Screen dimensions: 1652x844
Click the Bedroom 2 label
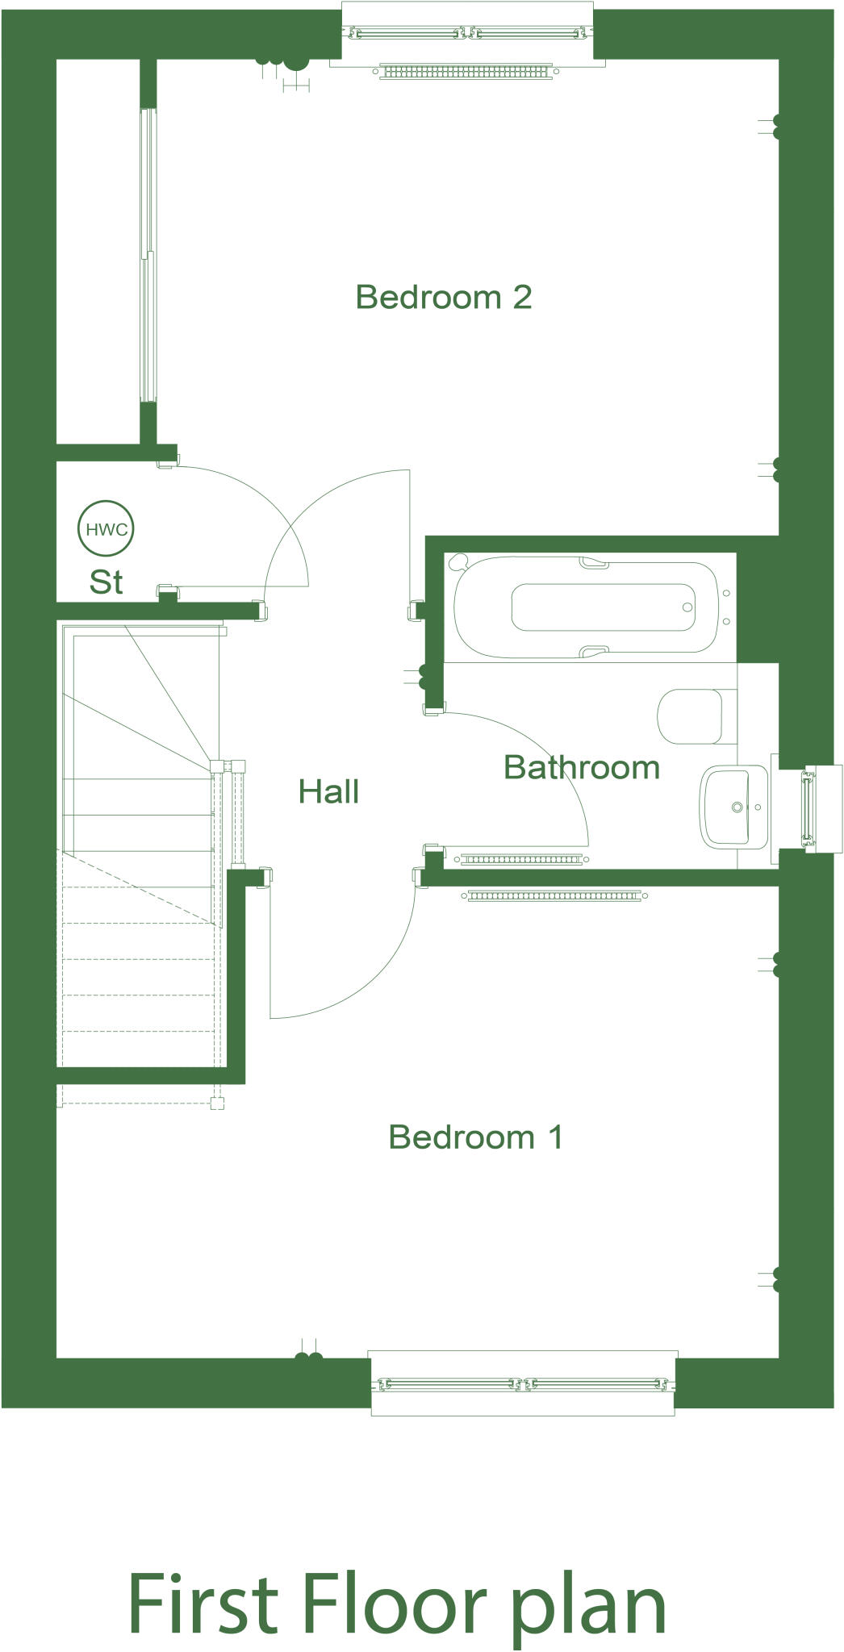[443, 298]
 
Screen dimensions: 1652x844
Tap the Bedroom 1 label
[475, 1137]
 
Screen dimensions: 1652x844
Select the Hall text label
[328, 792]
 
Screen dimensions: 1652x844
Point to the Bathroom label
[581, 767]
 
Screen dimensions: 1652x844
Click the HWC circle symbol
[106, 530]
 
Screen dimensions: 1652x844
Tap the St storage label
[106, 582]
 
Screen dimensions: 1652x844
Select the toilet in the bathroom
[691, 716]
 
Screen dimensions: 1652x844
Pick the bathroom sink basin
[734, 807]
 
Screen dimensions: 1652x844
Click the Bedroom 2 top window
[466, 34]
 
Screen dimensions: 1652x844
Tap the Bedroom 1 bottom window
[523, 1384]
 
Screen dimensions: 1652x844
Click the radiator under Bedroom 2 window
[466, 72]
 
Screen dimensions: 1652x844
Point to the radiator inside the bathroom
[521, 859]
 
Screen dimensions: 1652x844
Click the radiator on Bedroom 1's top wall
[555, 895]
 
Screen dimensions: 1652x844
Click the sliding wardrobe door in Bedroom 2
[147, 254]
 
